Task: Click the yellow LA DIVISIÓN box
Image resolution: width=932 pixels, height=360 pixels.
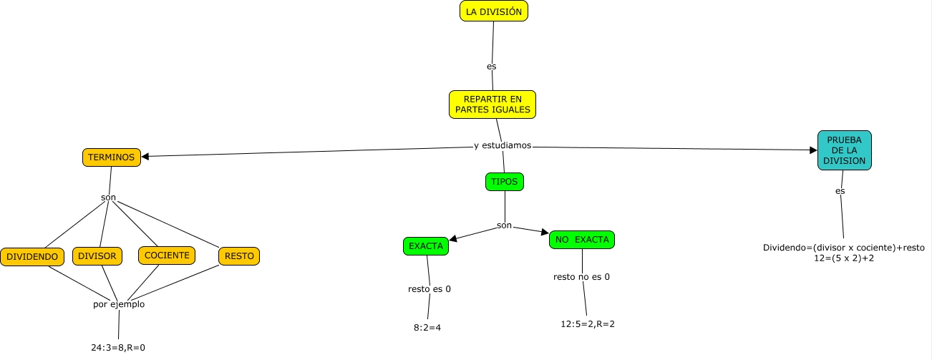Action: coord(493,11)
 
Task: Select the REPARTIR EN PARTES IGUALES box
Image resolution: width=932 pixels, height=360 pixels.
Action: coord(492,104)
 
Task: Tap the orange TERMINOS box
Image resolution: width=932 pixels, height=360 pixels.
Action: coord(111,157)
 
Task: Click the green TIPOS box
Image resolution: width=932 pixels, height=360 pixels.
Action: coord(504,182)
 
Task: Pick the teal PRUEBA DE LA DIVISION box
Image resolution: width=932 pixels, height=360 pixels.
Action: coord(844,150)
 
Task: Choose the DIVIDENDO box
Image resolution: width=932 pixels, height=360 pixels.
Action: coord(32,256)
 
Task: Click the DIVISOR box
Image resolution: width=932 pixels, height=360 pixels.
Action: coord(97,256)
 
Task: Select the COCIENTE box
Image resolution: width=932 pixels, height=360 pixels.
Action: coord(166,255)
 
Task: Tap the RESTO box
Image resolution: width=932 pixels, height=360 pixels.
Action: coord(238,256)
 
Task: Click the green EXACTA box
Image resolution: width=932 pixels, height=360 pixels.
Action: coord(425,246)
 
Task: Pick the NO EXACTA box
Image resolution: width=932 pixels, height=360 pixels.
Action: coord(581,240)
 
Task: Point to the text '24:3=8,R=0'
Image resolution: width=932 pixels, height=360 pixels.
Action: coord(118,348)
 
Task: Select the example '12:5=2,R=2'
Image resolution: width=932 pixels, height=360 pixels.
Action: coord(588,323)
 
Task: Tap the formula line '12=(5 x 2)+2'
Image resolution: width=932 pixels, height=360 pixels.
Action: coord(843,258)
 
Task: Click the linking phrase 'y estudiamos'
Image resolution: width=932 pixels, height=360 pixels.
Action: coord(503,145)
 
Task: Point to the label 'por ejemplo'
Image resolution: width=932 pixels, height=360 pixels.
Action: coord(119,303)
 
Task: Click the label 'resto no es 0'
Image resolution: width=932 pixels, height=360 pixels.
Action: coord(581,276)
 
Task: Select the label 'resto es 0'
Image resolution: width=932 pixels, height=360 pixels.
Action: coord(429,289)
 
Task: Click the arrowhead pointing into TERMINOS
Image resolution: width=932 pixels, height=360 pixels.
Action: coord(145,155)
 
